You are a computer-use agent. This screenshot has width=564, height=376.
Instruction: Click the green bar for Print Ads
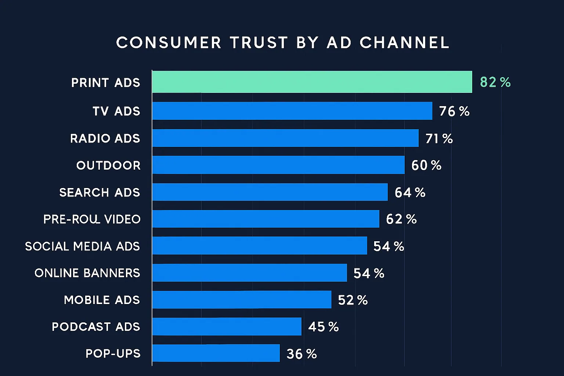click(x=312, y=82)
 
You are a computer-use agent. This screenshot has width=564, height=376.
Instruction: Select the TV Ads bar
click(x=292, y=111)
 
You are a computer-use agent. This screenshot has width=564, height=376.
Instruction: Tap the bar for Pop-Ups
click(x=216, y=353)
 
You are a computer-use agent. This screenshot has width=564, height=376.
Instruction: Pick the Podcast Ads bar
click(x=227, y=326)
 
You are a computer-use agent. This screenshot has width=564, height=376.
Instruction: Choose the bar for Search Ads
click(x=270, y=192)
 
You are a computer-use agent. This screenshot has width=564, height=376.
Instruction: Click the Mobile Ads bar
click(x=242, y=300)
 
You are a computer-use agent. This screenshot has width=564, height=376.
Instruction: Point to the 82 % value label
click(x=495, y=82)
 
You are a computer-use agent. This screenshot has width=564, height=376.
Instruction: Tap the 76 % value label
click(x=454, y=111)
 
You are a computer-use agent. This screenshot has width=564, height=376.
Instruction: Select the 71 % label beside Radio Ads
click(x=439, y=138)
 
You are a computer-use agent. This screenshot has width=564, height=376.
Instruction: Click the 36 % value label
click(x=301, y=354)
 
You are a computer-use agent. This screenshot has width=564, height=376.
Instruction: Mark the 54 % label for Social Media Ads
click(x=388, y=246)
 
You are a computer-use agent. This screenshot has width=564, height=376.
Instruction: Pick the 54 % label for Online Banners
click(x=369, y=273)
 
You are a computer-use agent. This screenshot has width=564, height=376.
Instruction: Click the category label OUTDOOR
click(x=108, y=166)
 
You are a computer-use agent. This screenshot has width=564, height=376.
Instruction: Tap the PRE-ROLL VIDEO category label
click(x=92, y=219)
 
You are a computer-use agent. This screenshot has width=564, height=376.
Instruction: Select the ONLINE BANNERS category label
click(x=87, y=273)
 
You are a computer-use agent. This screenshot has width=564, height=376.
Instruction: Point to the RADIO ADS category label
click(x=105, y=138)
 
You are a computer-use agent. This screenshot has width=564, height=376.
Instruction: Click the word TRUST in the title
click(x=259, y=43)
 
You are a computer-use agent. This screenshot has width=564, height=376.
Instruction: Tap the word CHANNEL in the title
click(x=404, y=43)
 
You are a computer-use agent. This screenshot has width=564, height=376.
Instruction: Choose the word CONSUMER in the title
click(x=169, y=43)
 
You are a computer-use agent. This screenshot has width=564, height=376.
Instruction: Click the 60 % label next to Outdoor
click(x=426, y=166)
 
